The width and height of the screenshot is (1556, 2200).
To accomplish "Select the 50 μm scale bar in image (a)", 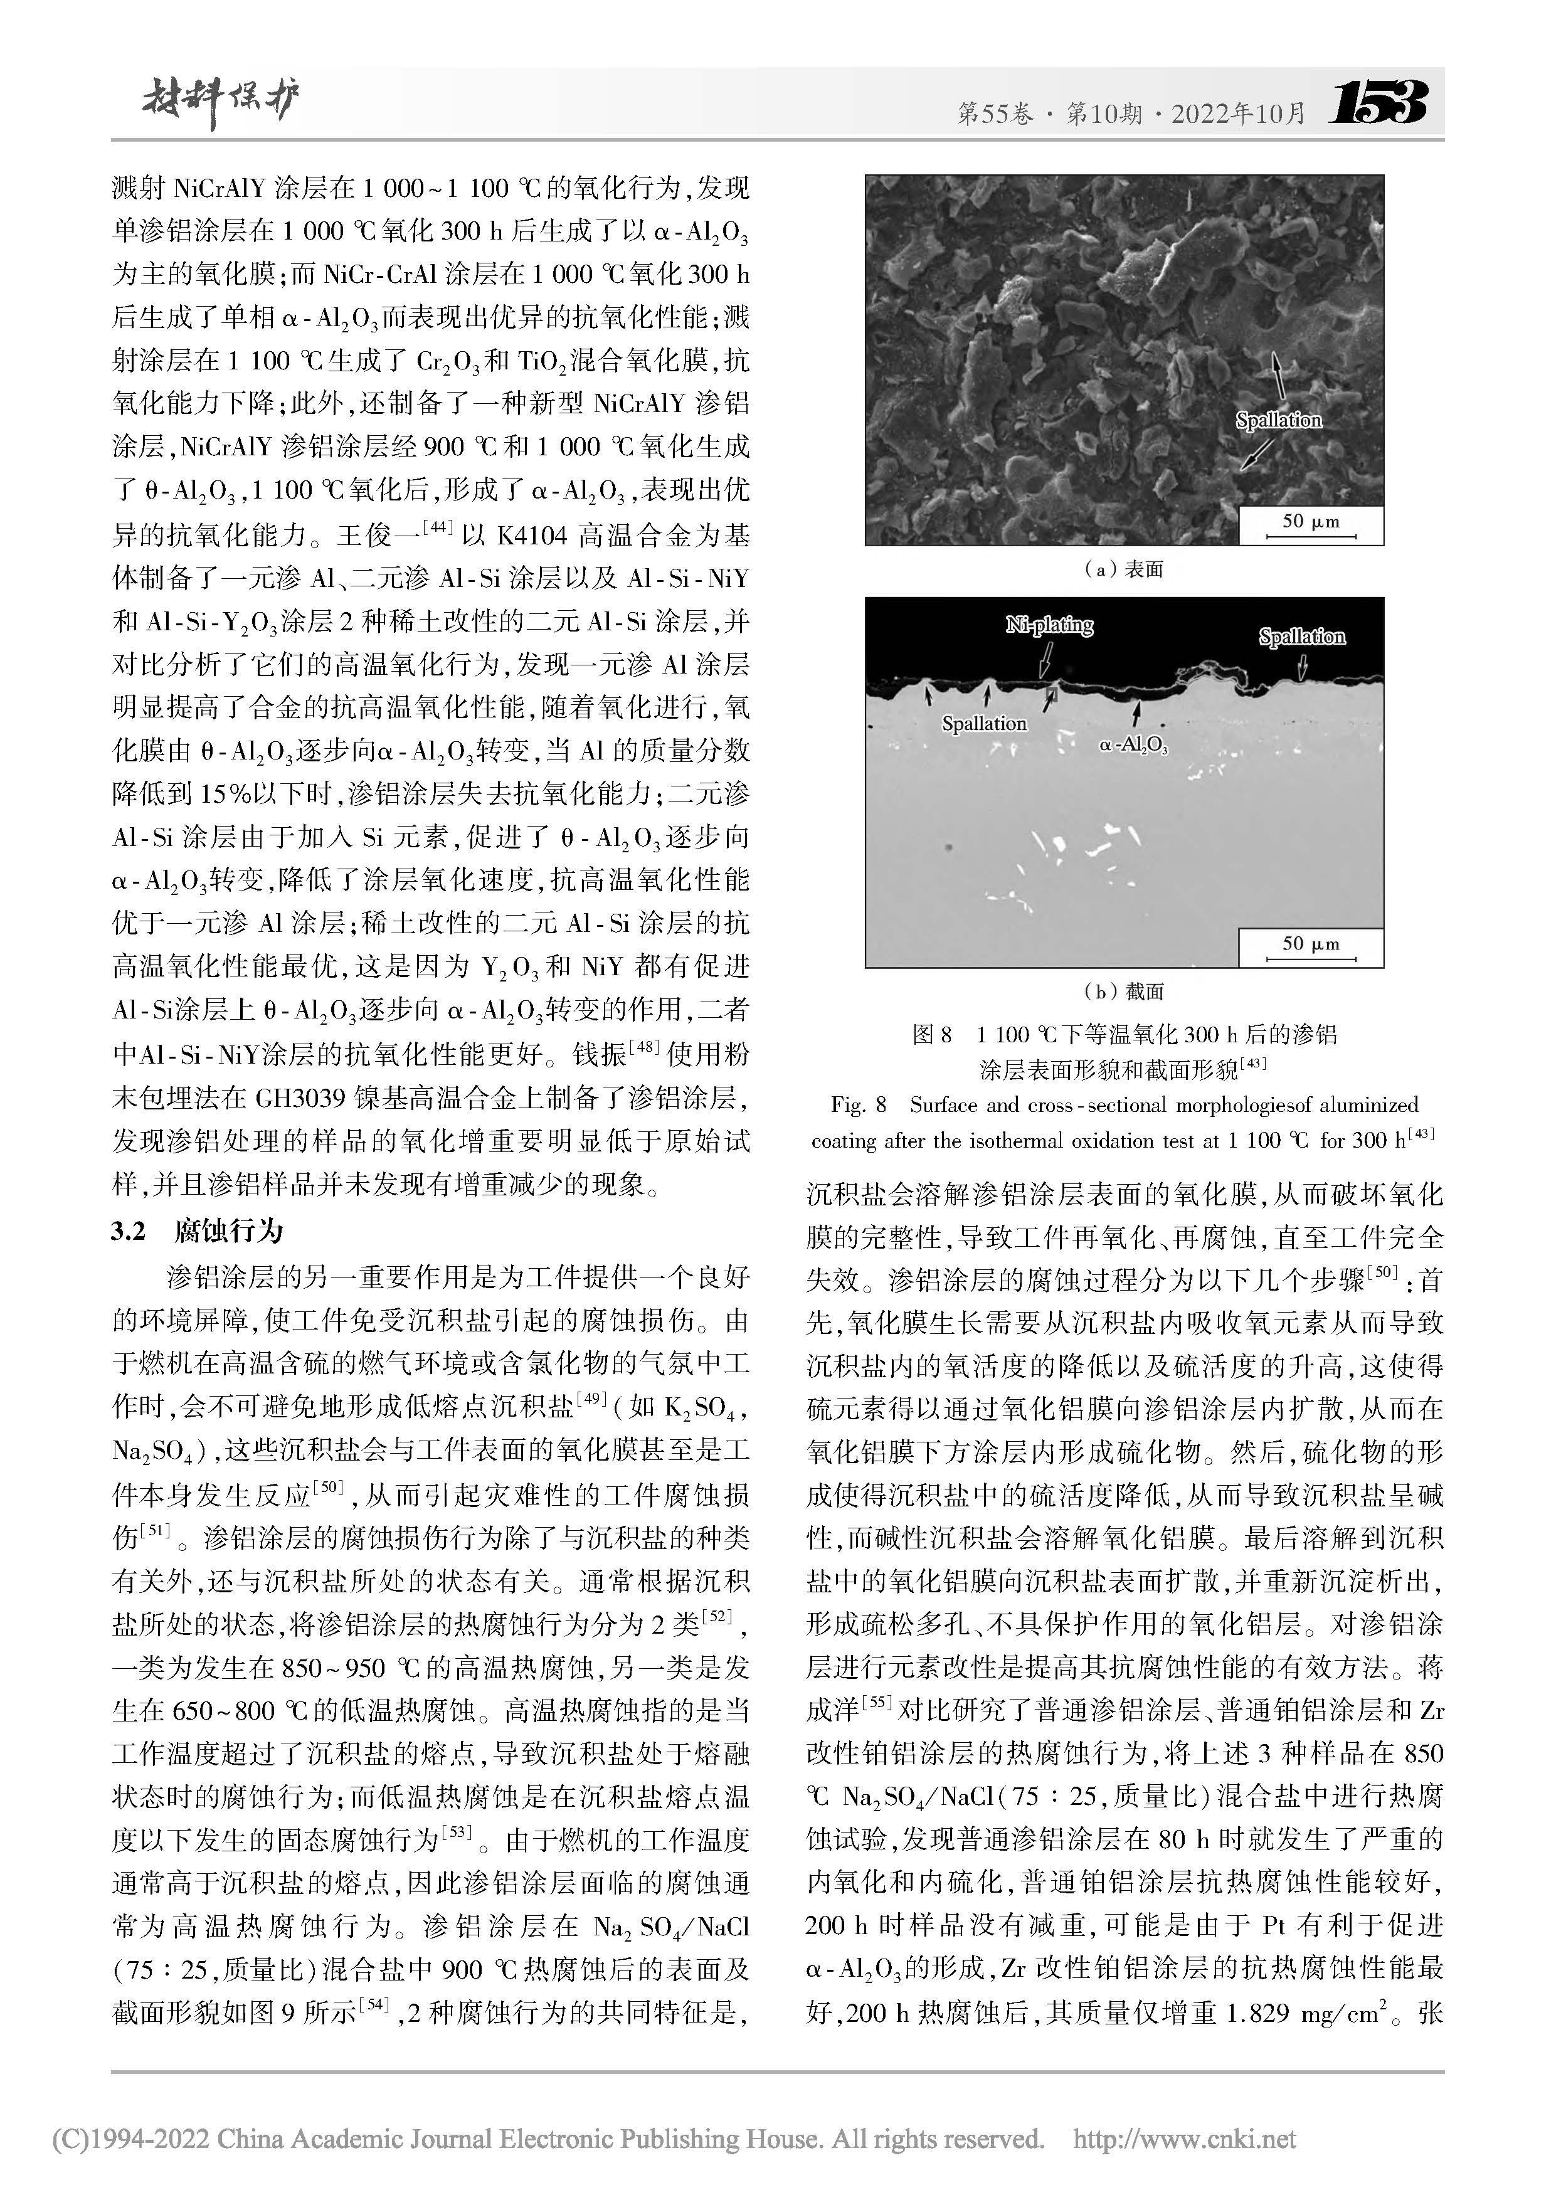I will (1311, 526).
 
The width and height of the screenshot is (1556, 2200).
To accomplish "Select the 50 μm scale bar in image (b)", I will (1311, 947).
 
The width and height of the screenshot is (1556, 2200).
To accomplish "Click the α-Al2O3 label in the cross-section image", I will (1133, 744).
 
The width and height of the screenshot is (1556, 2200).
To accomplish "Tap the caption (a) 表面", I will (1123, 569).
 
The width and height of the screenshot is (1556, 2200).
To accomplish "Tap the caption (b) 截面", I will (1123, 991).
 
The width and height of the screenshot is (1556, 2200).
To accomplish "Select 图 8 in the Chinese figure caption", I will (932, 1035).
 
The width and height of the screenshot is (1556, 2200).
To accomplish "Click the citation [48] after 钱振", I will (642, 1051).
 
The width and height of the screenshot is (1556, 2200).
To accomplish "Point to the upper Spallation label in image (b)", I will (1301, 637).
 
